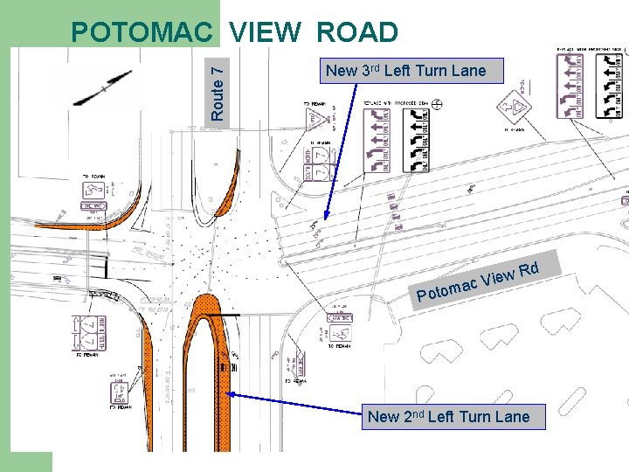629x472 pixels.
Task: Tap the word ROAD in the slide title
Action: (357, 33)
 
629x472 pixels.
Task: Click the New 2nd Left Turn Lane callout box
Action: (448, 416)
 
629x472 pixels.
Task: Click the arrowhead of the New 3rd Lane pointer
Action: (326, 219)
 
